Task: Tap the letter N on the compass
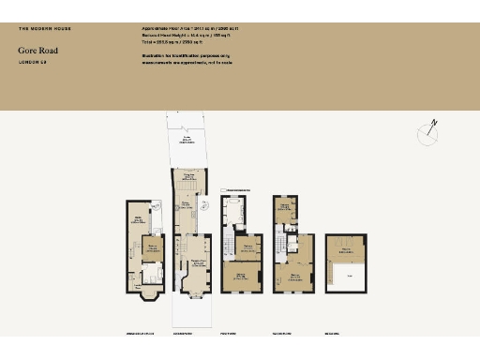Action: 434,122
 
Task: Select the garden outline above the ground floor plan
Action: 190,141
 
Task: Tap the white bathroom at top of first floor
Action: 233,210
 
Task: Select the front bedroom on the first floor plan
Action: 240,277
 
